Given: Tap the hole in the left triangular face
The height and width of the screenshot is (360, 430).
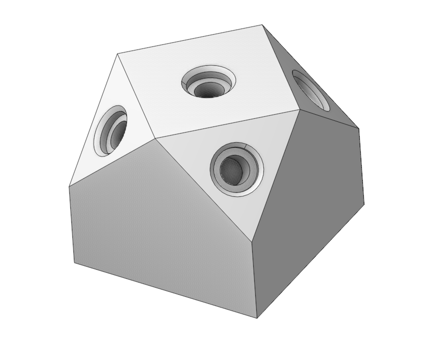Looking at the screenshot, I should [113, 131].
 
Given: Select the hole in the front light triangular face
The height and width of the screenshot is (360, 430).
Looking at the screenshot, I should [236, 168].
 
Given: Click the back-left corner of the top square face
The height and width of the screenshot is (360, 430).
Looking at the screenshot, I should [118, 54].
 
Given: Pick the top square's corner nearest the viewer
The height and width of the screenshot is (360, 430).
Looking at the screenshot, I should [155, 138].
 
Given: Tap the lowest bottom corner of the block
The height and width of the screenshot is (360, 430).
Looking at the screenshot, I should [257, 318].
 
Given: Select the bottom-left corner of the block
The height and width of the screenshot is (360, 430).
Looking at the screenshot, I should [75, 264].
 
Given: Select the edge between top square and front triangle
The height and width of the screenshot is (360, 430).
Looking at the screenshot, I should [227, 123].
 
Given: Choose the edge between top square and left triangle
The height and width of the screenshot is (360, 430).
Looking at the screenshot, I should [136, 95].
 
